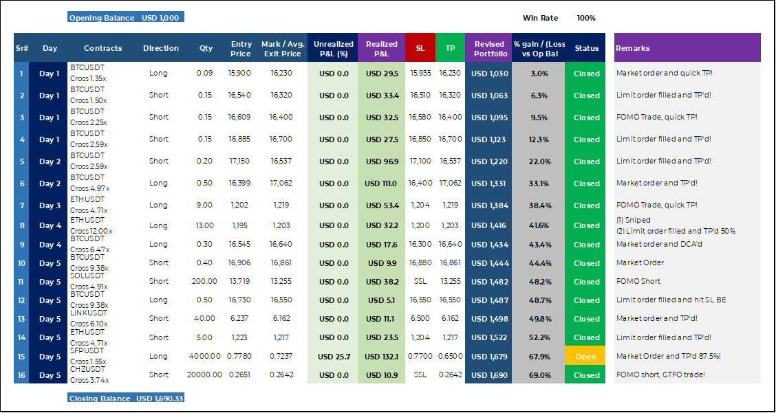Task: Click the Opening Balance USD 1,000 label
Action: pos(126,18)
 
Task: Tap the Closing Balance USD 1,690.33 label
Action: pos(126,398)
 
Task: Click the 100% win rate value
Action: pos(586,18)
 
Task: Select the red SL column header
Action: pos(420,48)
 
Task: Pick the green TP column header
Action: pos(451,48)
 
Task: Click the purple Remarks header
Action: pos(687,48)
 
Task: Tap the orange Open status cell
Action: pos(586,357)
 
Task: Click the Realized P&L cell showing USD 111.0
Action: pos(381,183)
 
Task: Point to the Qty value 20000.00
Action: pos(204,375)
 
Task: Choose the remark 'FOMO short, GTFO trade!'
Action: pos(660,375)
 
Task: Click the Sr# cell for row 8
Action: pos(21,225)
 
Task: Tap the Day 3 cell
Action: pos(50,205)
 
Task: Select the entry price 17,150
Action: pos(239,161)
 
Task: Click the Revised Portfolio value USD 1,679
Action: pos(489,357)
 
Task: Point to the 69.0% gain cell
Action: pos(539,375)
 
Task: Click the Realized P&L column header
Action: pos(382,48)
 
